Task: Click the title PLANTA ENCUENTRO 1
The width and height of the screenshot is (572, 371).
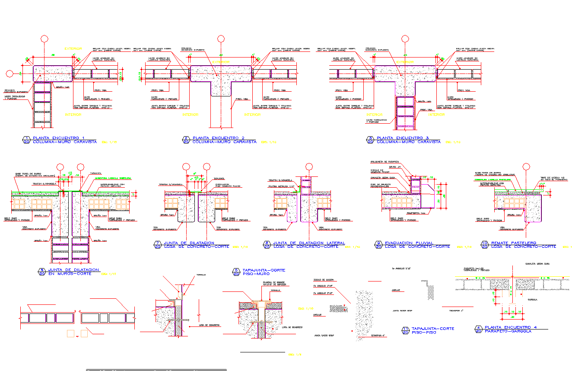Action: coord(58,138)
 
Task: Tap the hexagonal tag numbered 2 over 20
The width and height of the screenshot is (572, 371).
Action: coord(186,140)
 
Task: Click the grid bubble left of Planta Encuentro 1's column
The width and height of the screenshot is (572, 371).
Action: coord(10,74)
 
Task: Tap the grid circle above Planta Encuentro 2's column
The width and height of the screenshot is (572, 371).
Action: coord(221,39)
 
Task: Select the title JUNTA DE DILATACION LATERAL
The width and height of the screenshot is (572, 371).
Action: coord(309,243)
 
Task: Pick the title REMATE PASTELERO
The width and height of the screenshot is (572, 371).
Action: coord(513,243)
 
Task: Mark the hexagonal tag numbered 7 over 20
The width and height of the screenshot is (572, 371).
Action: coord(158,245)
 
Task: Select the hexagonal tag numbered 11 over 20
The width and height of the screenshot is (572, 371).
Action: coord(405,331)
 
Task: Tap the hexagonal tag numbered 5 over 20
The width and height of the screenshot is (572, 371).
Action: coord(236,272)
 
